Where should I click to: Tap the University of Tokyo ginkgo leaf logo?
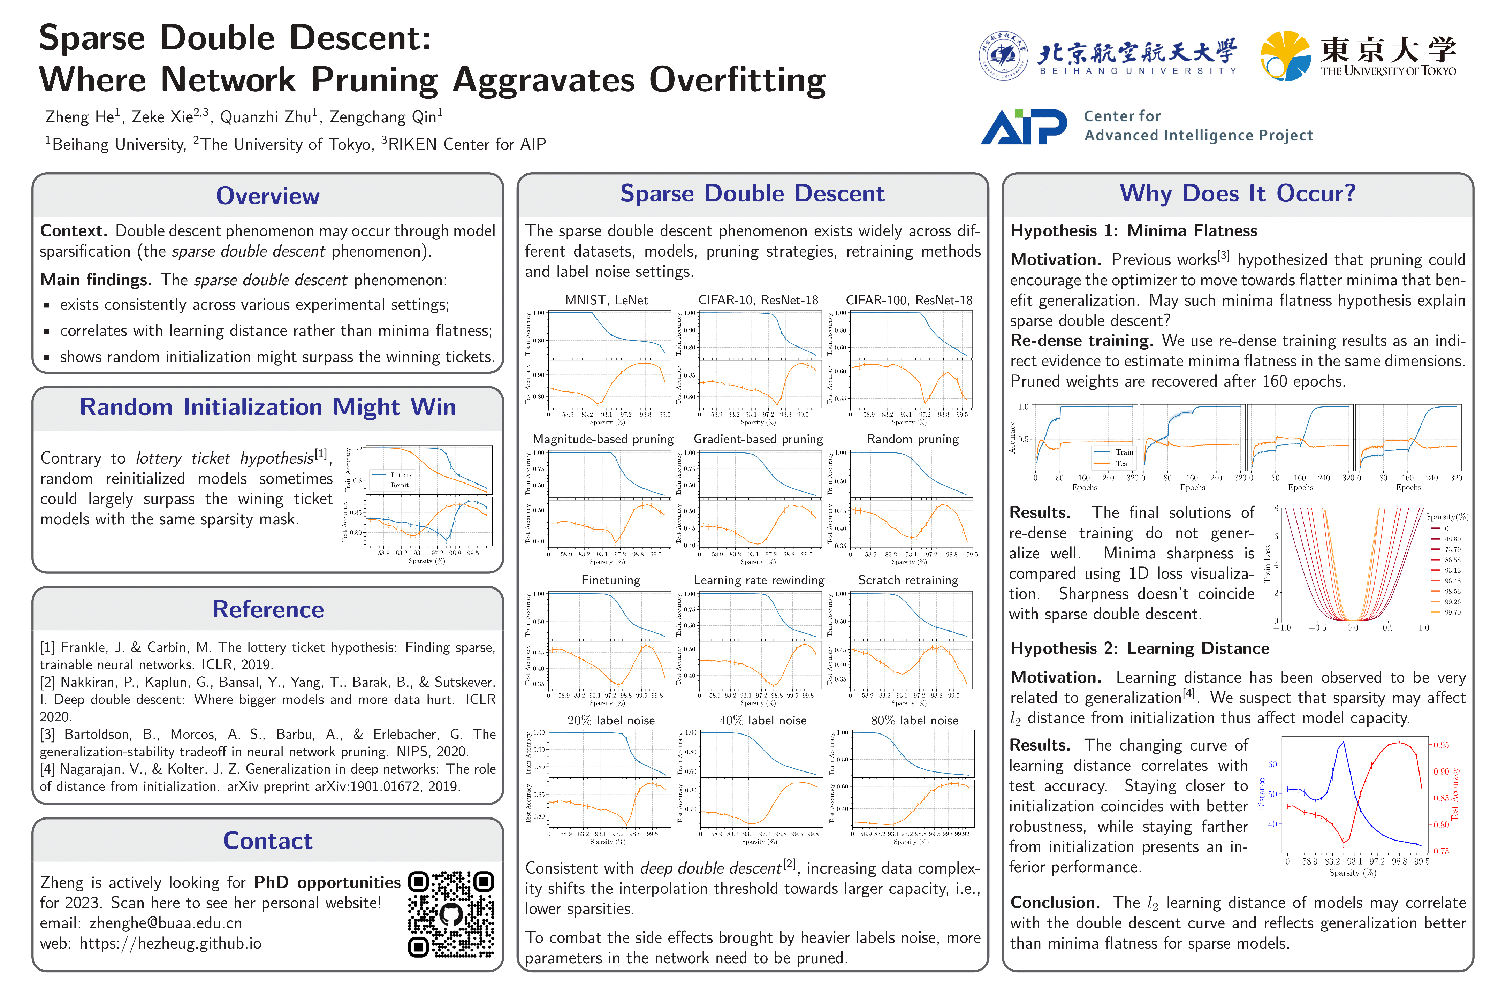tap(1284, 56)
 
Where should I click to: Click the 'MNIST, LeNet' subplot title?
tap(606, 300)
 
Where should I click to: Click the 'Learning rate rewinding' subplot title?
tap(759, 580)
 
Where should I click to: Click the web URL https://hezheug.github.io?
tap(170, 943)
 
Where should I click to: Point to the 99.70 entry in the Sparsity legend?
tap(1452, 612)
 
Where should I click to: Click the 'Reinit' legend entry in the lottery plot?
tap(400, 485)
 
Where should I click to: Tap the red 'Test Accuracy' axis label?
tap(1455, 794)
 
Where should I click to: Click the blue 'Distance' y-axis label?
tap(1261, 794)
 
